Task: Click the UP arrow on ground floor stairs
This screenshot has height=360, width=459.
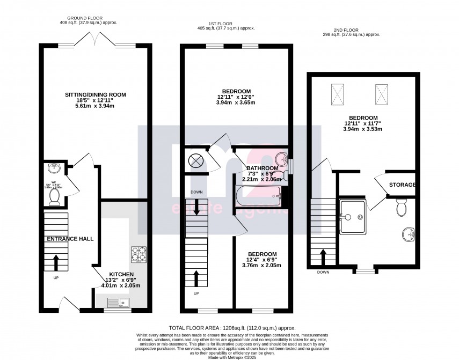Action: tap(56, 262)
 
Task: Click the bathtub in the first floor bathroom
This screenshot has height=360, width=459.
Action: tap(260, 196)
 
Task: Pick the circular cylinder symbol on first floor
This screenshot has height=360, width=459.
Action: tap(194, 160)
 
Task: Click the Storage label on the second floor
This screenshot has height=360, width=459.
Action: tap(403, 185)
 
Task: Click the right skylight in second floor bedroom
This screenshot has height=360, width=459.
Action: tap(382, 94)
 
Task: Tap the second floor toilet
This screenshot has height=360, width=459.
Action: tap(400, 206)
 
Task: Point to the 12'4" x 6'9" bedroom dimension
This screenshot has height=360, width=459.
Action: tap(262, 259)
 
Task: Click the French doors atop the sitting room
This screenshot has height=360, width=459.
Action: tap(95, 38)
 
